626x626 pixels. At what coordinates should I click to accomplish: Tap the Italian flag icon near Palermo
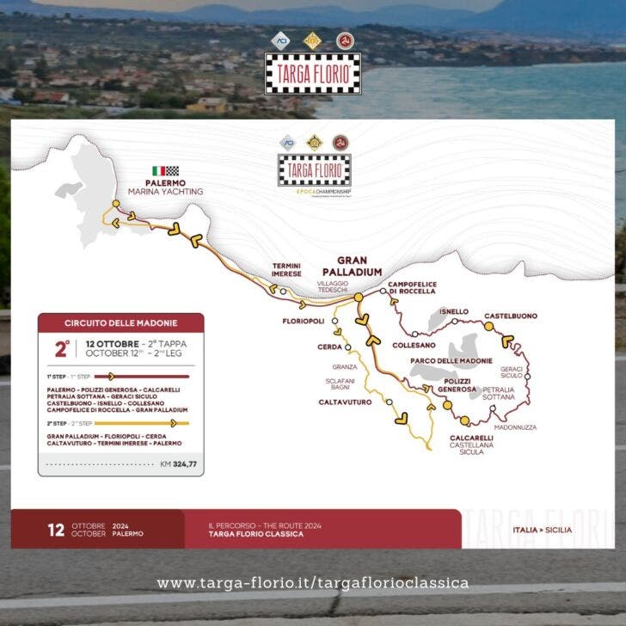(158, 171)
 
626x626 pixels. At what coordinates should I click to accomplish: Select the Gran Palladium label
(359, 266)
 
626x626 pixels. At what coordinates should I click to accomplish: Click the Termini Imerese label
(286, 270)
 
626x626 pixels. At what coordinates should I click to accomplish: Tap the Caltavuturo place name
(345, 402)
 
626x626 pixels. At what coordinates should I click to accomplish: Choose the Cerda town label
(330, 347)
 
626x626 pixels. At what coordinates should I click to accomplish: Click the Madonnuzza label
(516, 427)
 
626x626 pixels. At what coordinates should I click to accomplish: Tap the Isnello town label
(454, 311)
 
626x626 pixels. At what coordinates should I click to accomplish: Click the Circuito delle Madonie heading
(121, 323)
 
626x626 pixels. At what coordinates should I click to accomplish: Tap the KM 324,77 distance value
(178, 464)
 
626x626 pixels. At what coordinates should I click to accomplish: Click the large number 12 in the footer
(56, 529)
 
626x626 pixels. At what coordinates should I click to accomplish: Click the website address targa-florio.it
(313, 583)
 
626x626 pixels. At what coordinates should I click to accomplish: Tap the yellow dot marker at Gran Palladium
(358, 297)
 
